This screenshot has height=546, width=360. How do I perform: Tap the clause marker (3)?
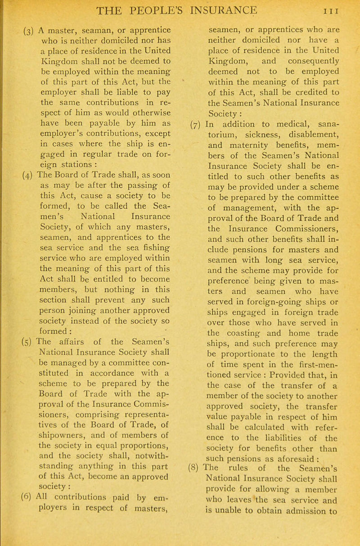pos(13,33)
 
